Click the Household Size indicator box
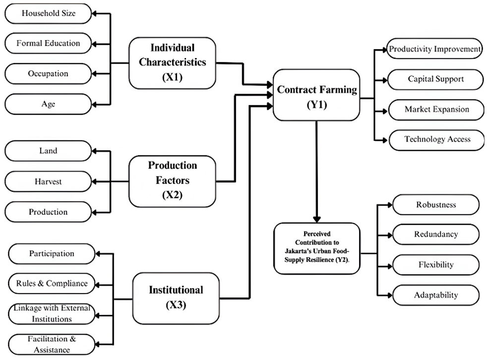tap(48, 13)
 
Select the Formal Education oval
tap(48, 43)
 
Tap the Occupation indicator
tap(48, 73)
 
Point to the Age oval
tap(48, 104)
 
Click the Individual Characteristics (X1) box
tap(173, 63)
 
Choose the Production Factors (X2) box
tap(173, 181)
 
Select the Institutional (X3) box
tap(176, 299)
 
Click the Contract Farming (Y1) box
tap(316, 95)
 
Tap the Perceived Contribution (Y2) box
tap(317, 248)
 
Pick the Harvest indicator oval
tap(48, 181)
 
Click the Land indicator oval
tap(48, 151)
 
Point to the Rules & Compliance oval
tap(52, 284)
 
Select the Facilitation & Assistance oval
tap(52, 344)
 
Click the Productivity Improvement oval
tap(434, 49)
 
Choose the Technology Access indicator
tap(437, 140)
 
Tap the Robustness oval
tap(436, 205)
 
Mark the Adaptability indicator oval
tap(436, 295)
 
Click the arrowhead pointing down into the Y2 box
tap(316, 219)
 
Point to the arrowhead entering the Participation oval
tap(98, 254)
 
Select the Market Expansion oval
tap(436, 110)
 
